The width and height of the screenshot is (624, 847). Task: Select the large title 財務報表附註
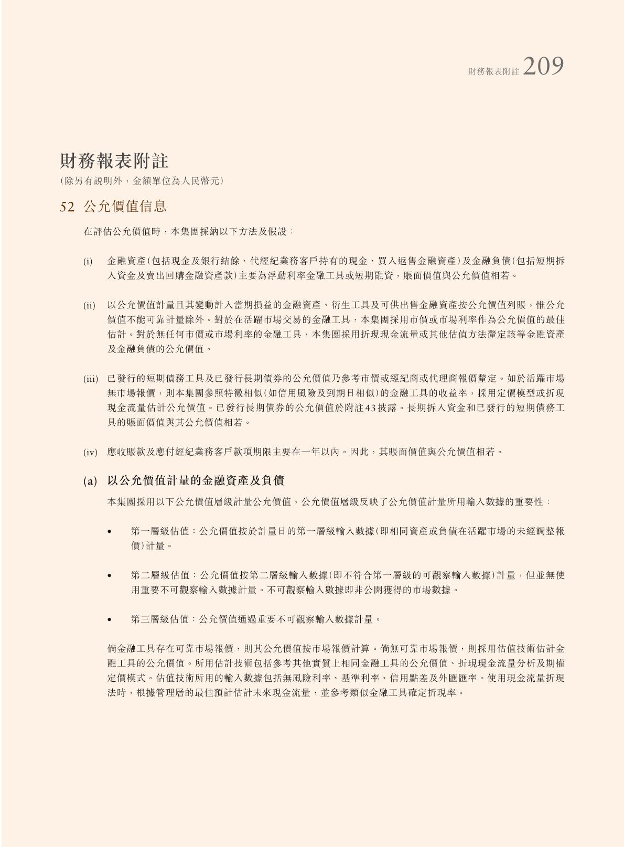click(x=114, y=161)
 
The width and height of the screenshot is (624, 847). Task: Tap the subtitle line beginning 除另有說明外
click(x=142, y=181)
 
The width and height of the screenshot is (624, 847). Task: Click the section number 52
click(x=67, y=207)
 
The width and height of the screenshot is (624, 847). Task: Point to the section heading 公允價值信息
click(x=125, y=206)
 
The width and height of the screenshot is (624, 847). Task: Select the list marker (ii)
click(x=89, y=305)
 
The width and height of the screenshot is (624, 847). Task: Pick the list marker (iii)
click(x=90, y=379)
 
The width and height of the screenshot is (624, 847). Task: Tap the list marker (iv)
click(x=90, y=452)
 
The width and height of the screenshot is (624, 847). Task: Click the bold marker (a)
click(x=90, y=481)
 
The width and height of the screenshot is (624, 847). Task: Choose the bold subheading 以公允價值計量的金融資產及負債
click(x=196, y=480)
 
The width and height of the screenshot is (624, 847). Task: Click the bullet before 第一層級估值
click(x=109, y=532)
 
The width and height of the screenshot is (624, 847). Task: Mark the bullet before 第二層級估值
click(x=109, y=576)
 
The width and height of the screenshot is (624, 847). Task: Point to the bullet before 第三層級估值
click(x=109, y=620)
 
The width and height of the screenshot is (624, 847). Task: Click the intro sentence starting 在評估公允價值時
click(x=189, y=231)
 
